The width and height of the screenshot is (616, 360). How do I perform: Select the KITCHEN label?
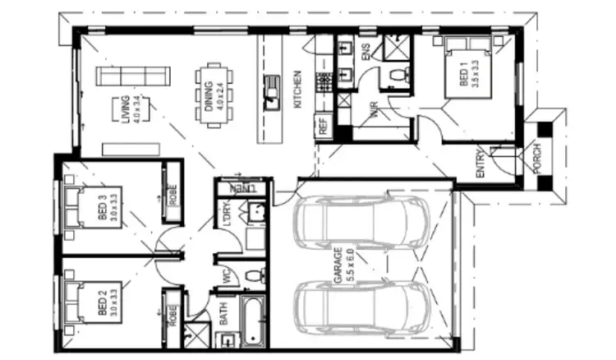pos(297,91)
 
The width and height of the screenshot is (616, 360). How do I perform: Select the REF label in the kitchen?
pos(323,128)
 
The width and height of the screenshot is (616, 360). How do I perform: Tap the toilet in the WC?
pos(253,275)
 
